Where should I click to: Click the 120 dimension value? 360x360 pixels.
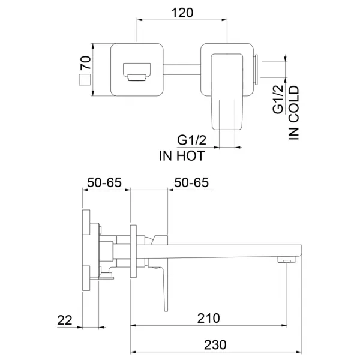182,13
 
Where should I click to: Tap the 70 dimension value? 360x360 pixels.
85,62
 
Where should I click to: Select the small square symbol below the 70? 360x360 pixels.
85,80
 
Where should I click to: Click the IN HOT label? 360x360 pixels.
182,156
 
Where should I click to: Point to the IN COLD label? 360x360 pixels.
293,113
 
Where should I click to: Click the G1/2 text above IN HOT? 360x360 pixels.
192,140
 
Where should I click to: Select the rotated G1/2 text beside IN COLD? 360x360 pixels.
278,100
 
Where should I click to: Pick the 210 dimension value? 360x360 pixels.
208,318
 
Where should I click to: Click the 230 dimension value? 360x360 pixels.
215,344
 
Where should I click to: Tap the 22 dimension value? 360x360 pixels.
65,320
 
